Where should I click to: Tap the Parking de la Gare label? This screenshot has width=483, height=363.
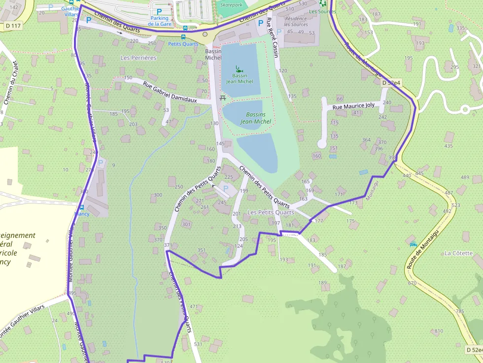159,21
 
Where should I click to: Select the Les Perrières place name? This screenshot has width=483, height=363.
138,58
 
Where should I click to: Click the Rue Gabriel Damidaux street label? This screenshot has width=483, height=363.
170,92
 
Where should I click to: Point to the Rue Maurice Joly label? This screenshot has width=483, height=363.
353,106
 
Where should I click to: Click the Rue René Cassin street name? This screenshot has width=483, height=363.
273,37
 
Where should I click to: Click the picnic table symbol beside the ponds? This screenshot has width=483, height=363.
223,98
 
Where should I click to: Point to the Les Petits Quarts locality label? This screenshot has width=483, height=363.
271,212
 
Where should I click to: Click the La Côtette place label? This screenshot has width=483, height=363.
458,253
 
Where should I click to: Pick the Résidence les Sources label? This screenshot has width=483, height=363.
296,22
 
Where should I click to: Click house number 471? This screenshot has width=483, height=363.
193,307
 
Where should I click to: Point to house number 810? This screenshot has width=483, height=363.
438,331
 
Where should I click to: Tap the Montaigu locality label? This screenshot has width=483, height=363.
373,190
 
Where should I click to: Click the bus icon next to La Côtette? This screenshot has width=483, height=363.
413,244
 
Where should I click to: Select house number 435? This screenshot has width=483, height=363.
448,146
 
